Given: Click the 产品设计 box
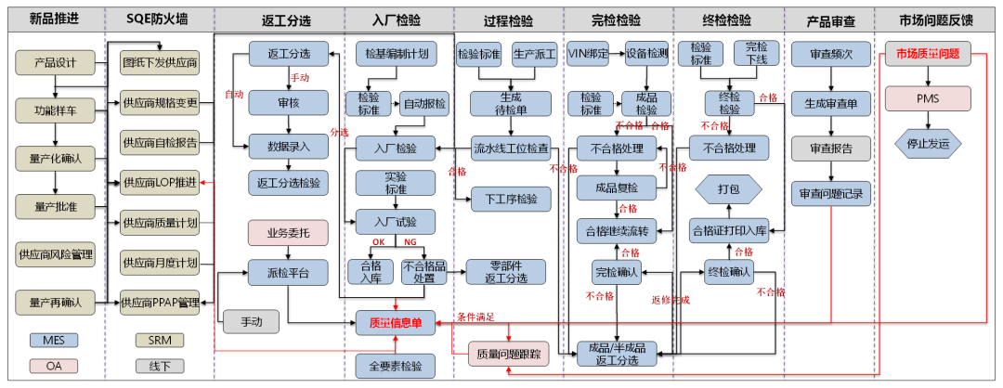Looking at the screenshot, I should (56, 63).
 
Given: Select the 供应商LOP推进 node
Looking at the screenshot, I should (160, 183).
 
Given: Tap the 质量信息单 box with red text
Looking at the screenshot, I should (395, 323).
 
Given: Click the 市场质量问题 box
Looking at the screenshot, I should (928, 55).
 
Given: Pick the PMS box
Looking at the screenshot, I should (928, 97).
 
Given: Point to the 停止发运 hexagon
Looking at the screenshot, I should (928, 143).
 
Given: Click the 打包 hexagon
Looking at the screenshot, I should (729, 188).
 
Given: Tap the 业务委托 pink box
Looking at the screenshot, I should (288, 232).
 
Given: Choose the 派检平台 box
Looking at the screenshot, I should (288, 272).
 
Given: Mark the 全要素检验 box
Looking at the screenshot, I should (395, 365).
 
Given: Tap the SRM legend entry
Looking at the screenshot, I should (160, 340).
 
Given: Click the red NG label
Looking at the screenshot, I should (410, 242).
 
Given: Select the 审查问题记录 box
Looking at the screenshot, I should (827, 194).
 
